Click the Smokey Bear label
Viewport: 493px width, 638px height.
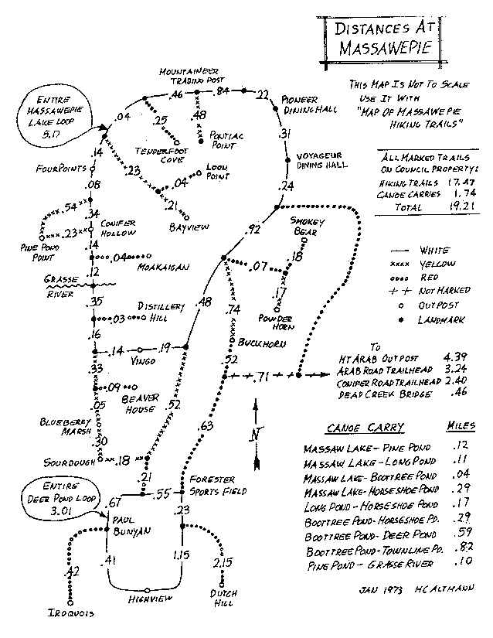pos(309,225)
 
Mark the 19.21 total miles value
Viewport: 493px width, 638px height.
pos(436,208)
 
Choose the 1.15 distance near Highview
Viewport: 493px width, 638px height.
pos(182,555)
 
